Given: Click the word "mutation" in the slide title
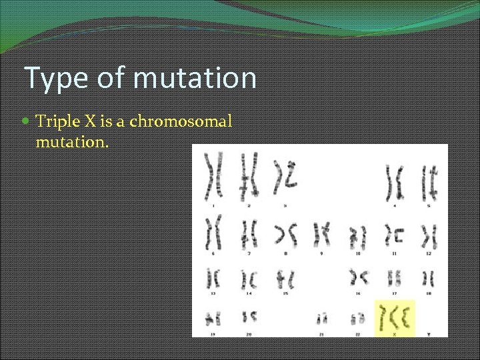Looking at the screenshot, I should pos(195,78).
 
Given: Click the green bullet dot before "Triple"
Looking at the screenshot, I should pos(26,122).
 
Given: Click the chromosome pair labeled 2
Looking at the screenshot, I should pos(249,176).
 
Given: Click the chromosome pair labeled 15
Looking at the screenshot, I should pos(286,277).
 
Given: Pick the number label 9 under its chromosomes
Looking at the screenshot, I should pos(322,254).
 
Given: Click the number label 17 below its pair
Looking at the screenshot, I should pos(394,293).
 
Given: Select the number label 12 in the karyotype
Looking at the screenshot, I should pos(429,254).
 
